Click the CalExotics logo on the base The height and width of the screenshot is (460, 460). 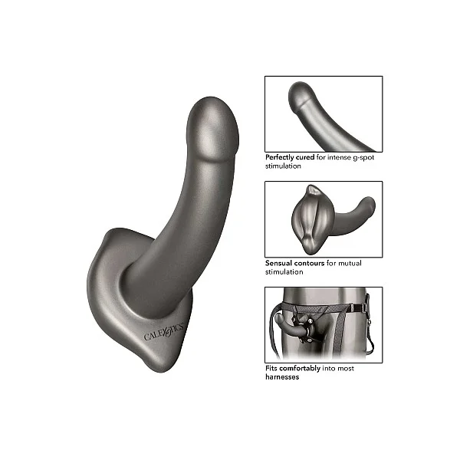(164, 331)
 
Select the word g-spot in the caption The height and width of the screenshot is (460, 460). (363, 157)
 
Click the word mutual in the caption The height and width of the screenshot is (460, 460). (350, 263)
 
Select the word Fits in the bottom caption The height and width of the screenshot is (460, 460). (271, 368)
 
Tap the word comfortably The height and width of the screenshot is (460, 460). (300, 369)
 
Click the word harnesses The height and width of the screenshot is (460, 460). (282, 377)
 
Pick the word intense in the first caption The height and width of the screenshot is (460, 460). (339, 157)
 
